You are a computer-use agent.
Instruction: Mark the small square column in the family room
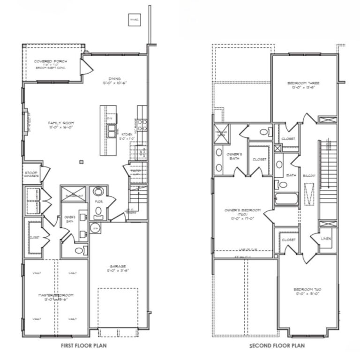coord(82,162)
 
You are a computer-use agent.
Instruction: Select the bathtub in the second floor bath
coord(285,199)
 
